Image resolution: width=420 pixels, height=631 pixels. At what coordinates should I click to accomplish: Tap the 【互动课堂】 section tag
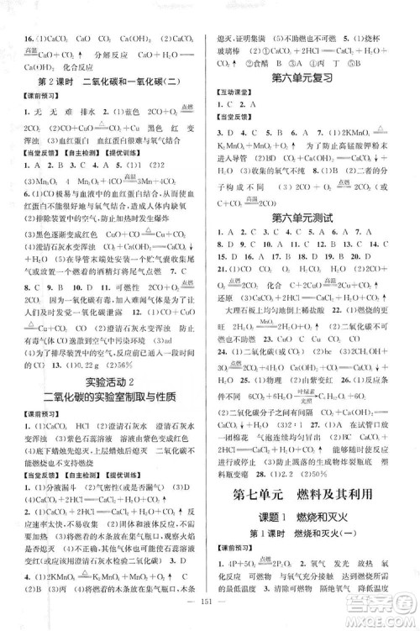click(243, 96)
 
